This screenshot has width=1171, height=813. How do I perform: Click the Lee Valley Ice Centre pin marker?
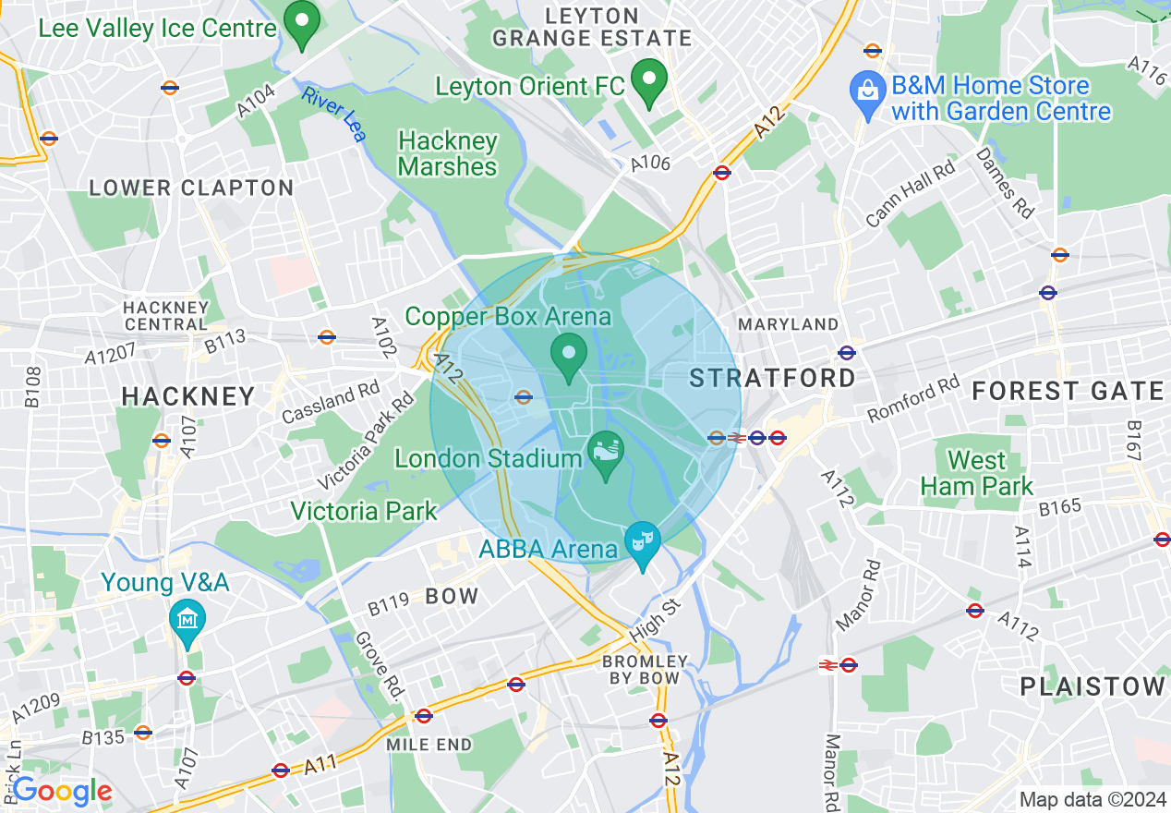point(300,25)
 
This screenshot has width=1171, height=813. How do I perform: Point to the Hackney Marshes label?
point(448,153)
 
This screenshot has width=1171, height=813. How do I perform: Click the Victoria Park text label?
point(364,511)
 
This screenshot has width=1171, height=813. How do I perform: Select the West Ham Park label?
point(977,473)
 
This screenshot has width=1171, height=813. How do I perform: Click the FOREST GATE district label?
point(1068,392)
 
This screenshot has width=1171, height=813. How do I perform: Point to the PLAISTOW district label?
point(1093,686)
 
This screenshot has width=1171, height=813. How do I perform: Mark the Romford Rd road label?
point(912,399)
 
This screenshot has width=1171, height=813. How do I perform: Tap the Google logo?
point(62,791)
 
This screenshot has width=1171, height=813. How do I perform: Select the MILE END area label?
point(429,745)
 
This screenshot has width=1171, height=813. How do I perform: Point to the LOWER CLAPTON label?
point(191,188)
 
